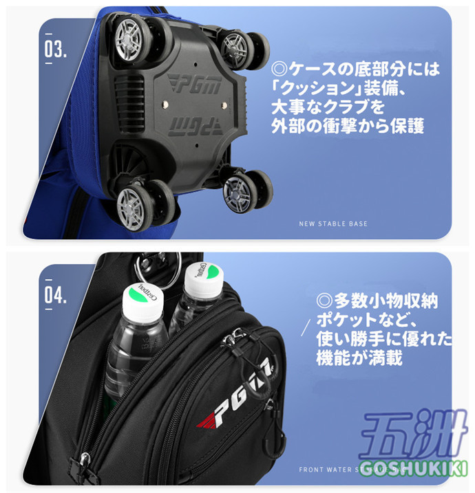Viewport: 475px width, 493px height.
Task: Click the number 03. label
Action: (x=55, y=50)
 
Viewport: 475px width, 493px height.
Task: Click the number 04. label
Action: (x=55, y=296)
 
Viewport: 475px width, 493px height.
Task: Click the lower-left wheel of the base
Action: (x=138, y=205)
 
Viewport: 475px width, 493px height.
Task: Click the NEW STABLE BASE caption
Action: (x=333, y=223)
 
